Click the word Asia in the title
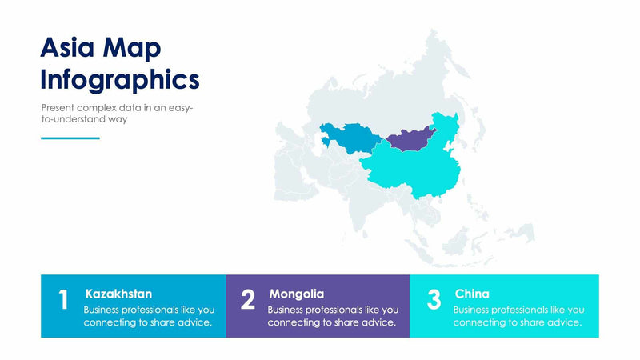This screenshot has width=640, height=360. (69, 48)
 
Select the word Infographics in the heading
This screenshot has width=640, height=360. (120, 80)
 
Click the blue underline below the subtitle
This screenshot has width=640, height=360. (70, 138)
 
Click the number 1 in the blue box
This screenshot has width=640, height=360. (63, 300)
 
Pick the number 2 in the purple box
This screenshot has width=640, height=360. (248, 300)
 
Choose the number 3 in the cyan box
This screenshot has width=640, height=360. (434, 300)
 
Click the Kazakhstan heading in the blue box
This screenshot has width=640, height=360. (118, 294)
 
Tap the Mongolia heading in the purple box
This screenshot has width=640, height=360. (296, 294)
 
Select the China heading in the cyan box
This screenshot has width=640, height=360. (472, 294)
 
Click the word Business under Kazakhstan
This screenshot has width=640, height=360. (103, 309)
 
